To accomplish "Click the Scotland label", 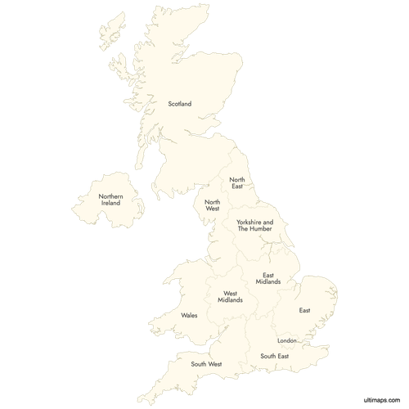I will [x=179, y=104].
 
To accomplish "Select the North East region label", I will [x=237, y=183].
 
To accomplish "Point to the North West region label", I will [x=212, y=205].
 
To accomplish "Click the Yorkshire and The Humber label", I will [x=255, y=226].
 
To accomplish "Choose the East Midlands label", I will [x=267, y=279].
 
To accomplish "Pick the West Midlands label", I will [x=230, y=297].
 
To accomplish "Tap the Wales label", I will [x=189, y=315].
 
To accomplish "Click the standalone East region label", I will [x=304, y=311].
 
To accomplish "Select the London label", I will [x=286, y=340].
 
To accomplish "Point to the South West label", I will [x=206, y=364].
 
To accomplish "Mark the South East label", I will [x=274, y=357].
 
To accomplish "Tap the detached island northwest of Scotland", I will [x=109, y=30].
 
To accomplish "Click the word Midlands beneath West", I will [x=230, y=301].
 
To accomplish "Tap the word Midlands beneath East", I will [x=267, y=282].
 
